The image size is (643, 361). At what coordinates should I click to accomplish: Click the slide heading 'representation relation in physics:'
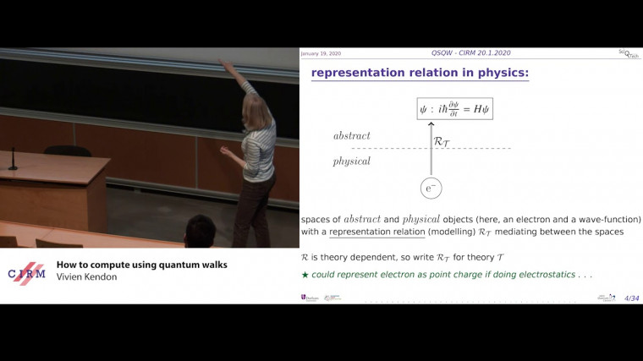420,73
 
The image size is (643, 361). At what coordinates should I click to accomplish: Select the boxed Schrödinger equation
453,108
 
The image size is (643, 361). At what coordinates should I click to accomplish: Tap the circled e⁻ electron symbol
430,189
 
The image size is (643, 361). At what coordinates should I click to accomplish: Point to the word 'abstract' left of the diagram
351,135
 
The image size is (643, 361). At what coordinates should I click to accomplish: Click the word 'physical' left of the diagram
351,161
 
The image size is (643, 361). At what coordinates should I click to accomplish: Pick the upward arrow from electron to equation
430,148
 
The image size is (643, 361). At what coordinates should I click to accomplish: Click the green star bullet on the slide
305,275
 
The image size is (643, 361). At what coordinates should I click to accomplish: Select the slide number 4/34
631,298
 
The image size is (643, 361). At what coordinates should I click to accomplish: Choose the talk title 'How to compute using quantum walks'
141,265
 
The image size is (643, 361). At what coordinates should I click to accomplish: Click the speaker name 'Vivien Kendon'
88,277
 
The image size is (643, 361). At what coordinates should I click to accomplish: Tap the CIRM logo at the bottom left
26,274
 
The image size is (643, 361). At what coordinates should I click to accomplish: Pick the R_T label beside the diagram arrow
442,142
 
